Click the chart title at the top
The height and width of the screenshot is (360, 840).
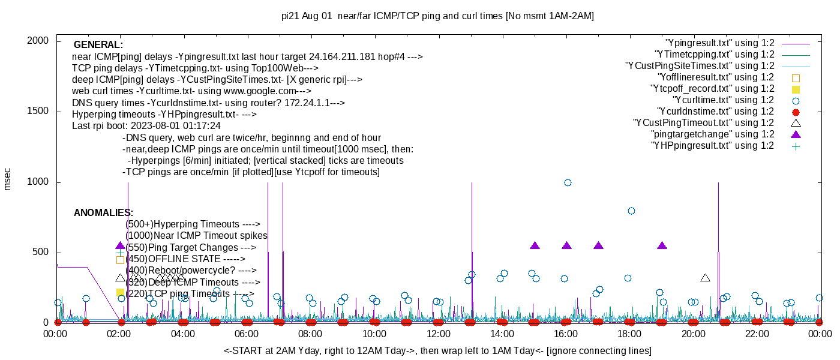coord(437,16)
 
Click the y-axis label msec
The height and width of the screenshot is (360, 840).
coord(7,179)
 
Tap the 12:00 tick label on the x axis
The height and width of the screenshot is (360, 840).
coord(438,334)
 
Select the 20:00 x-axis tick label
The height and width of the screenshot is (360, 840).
coord(693,334)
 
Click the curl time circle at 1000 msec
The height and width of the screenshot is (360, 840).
coord(568,182)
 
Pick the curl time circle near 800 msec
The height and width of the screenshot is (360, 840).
coord(631,211)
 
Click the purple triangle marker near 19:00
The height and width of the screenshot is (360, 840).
coord(662,245)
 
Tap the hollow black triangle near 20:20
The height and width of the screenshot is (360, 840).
coord(706,278)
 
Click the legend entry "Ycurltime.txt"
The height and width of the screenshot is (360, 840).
coord(723,100)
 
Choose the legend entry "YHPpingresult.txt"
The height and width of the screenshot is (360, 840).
coord(713,146)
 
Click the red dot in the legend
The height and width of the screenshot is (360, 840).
coord(796,112)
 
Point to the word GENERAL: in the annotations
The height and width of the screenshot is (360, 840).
coord(98,45)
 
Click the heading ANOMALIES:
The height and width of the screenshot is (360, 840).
coord(103,213)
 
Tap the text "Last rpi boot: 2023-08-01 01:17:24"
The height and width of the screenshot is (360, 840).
coord(146,126)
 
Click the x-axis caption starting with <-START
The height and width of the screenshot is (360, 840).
coord(437,350)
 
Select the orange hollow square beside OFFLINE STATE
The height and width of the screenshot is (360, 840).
coord(120,260)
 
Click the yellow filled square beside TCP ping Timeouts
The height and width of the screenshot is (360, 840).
coord(120,293)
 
